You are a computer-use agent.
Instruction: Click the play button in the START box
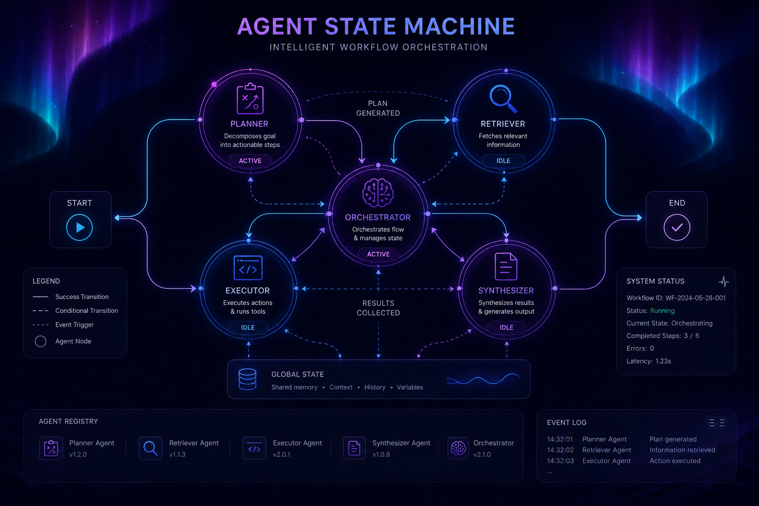(79, 227)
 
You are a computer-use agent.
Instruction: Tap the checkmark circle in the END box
(676, 227)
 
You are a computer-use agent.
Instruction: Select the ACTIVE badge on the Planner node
(250, 161)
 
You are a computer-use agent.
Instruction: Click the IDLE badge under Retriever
(503, 161)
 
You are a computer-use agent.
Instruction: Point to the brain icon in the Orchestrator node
(378, 193)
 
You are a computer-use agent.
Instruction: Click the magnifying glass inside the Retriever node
(503, 98)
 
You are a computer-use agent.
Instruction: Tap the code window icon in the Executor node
(248, 268)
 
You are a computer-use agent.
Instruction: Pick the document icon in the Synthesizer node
(506, 266)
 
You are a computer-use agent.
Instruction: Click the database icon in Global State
(248, 379)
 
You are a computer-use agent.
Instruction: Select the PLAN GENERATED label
(378, 108)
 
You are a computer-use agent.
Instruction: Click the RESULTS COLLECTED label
(378, 308)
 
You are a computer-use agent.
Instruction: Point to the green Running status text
(662, 310)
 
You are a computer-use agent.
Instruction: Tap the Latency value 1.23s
(663, 361)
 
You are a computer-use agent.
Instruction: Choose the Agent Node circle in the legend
(41, 341)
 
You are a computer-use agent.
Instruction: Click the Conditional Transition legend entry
(75, 310)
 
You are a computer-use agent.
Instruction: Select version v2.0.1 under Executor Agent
(282, 455)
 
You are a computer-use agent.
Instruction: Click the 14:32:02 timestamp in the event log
(560, 450)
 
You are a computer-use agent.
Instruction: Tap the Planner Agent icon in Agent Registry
(51, 448)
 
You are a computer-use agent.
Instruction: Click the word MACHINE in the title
(460, 26)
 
